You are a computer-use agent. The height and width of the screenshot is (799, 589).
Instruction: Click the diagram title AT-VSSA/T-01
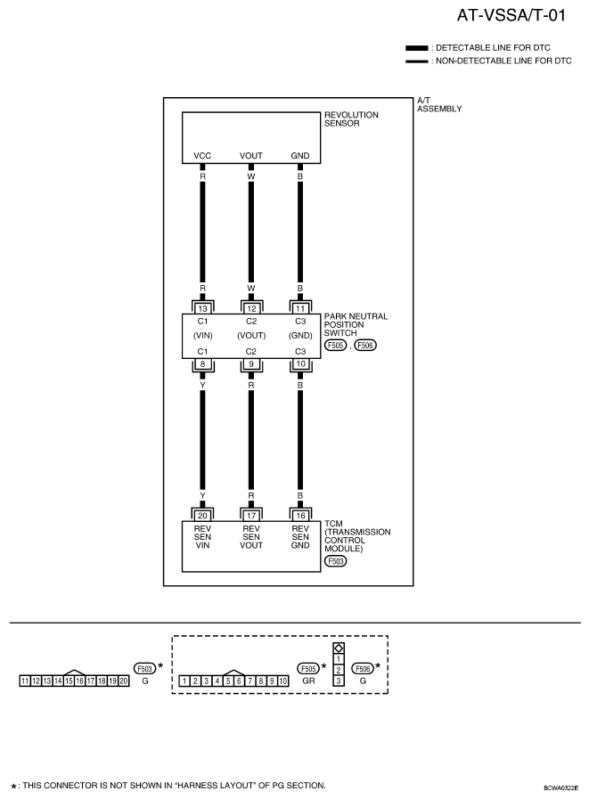click(511, 15)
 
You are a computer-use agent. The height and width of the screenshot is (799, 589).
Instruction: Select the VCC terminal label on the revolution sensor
click(202, 155)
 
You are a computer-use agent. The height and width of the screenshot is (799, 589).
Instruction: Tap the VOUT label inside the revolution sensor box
click(251, 155)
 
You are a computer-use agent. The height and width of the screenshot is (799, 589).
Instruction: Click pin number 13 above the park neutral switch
click(202, 308)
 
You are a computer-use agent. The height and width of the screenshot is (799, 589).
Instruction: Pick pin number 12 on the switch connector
click(251, 308)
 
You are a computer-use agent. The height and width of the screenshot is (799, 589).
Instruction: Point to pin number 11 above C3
click(300, 308)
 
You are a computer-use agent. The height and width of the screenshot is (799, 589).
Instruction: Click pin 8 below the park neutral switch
click(202, 363)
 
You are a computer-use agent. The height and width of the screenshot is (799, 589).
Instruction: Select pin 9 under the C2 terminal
click(251, 363)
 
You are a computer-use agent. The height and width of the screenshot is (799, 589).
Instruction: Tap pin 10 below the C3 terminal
click(300, 363)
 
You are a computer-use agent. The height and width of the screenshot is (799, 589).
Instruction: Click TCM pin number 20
click(202, 516)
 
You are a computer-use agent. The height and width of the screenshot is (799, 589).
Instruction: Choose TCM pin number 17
click(251, 516)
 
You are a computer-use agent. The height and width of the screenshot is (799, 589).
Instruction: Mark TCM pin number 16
click(300, 516)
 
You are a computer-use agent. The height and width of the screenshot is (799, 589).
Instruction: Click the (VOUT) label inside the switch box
click(251, 335)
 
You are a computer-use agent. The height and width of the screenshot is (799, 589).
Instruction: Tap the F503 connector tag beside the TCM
click(336, 561)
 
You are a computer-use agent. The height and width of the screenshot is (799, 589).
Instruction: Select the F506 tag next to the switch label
click(365, 345)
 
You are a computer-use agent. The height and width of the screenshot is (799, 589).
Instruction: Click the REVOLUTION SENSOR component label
click(351, 118)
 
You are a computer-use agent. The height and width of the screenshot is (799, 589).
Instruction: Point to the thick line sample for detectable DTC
click(417, 48)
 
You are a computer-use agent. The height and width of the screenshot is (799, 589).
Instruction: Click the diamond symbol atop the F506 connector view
click(339, 648)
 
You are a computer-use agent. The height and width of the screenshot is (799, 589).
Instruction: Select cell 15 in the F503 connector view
click(69, 681)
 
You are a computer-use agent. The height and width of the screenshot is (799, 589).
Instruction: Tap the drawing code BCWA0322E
click(561, 787)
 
